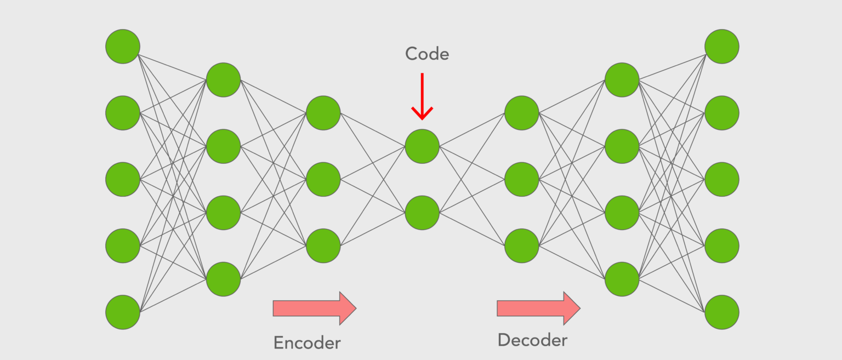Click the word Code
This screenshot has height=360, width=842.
point(426,54)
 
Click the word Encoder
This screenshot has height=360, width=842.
point(307,343)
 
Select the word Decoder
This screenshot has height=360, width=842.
point(532,340)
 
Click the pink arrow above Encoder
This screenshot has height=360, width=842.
point(314,308)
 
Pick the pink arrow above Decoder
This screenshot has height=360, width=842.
point(538,308)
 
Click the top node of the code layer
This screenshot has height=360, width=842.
point(422,146)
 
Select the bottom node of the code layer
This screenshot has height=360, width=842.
point(422,213)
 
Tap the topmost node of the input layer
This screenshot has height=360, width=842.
point(123,47)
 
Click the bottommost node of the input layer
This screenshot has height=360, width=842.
point(123,312)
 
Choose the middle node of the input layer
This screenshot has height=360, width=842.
point(123,179)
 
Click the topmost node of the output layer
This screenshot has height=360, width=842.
point(722,47)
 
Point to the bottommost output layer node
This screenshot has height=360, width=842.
point(722,312)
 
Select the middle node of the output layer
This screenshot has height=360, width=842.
point(722,179)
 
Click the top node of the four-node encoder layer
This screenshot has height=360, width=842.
point(223,80)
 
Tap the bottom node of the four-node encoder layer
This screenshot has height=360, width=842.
point(223,279)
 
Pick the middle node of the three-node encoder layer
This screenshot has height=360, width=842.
point(323,179)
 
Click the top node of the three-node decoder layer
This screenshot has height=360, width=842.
point(522,113)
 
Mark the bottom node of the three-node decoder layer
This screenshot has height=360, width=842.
point(522,245)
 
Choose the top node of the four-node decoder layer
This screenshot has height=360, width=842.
point(622,80)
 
